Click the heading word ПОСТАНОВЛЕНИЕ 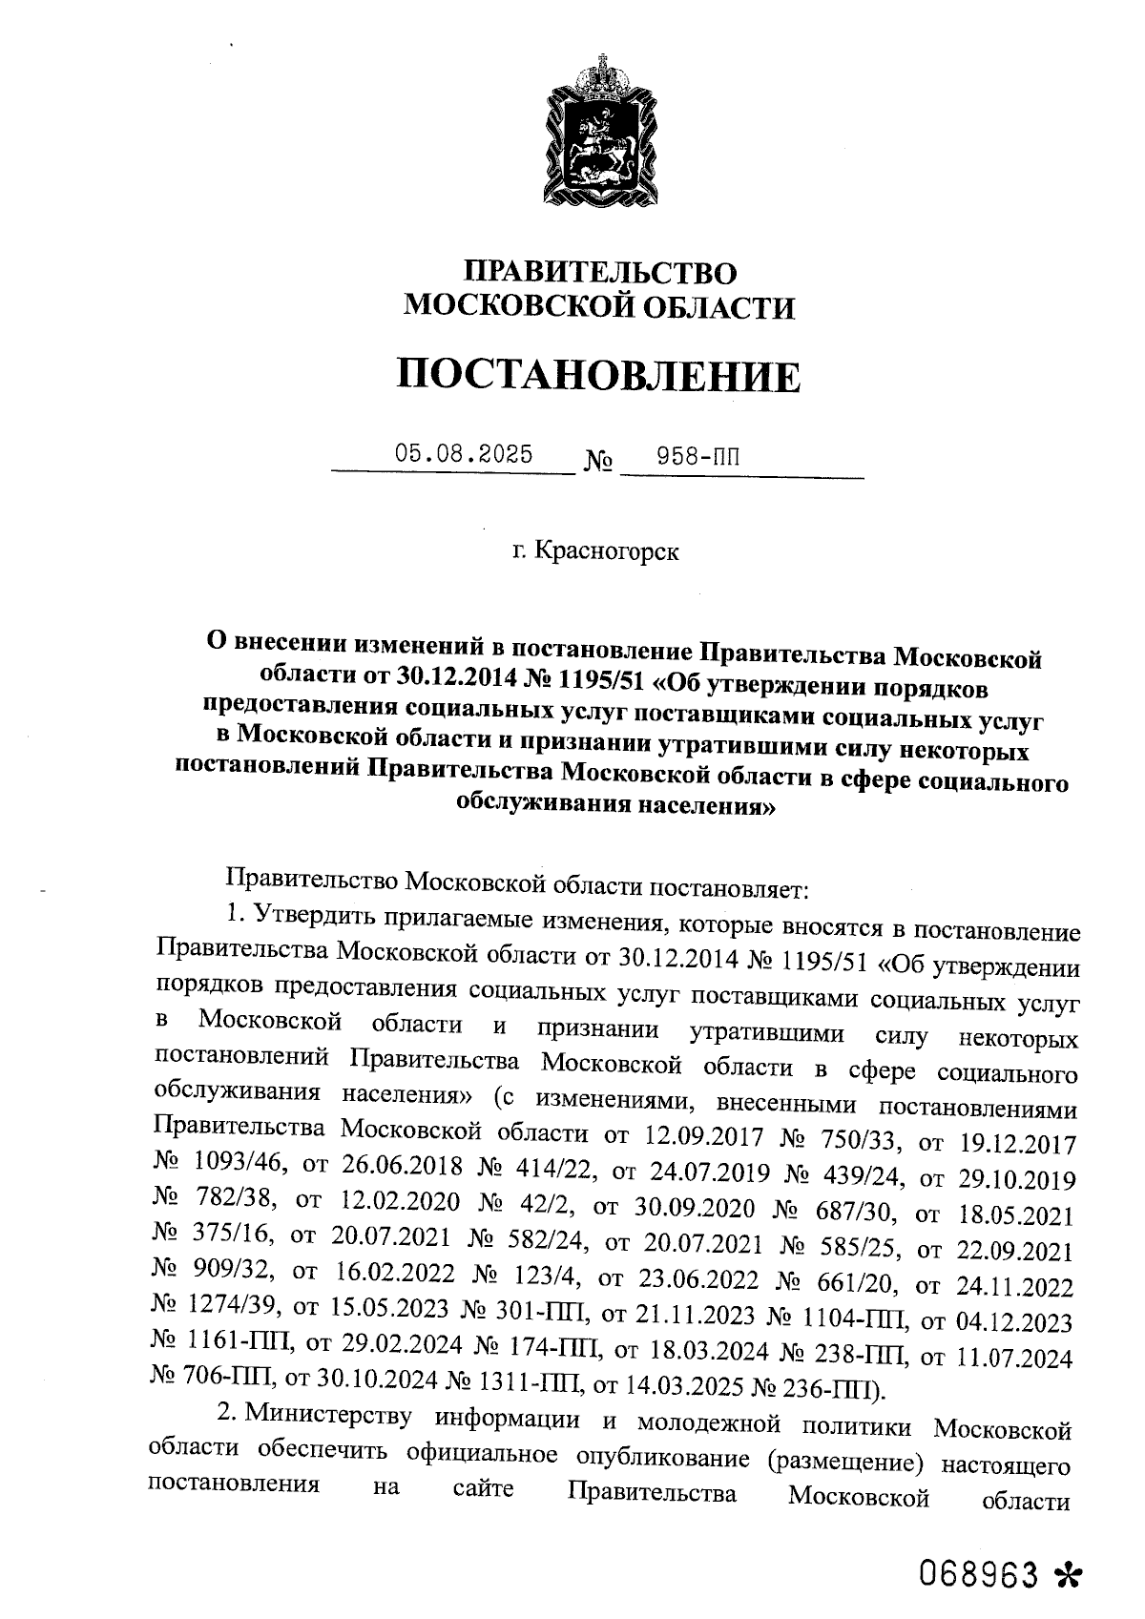click(598, 376)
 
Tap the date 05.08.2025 click(464, 453)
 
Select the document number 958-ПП click(698, 458)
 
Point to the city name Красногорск click(607, 550)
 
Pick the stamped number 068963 click(978, 1574)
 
